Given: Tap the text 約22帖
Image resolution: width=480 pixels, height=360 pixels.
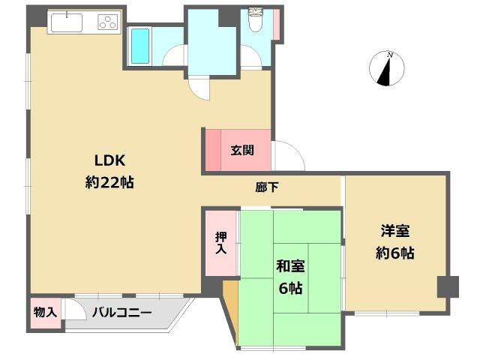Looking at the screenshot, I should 109,181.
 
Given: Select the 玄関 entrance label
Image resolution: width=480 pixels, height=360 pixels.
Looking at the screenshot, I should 241,149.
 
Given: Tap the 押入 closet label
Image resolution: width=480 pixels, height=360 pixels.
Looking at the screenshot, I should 220,242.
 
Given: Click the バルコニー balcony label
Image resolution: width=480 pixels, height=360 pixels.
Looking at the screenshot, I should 122,313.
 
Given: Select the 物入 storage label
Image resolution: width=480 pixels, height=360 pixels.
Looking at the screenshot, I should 46,312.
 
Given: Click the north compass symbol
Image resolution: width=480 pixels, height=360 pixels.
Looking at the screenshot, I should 388,69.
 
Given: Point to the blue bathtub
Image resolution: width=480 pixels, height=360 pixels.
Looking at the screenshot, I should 140,46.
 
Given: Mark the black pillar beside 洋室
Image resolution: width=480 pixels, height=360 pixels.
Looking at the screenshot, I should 448,286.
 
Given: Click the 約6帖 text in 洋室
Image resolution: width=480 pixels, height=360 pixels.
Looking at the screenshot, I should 394,253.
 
